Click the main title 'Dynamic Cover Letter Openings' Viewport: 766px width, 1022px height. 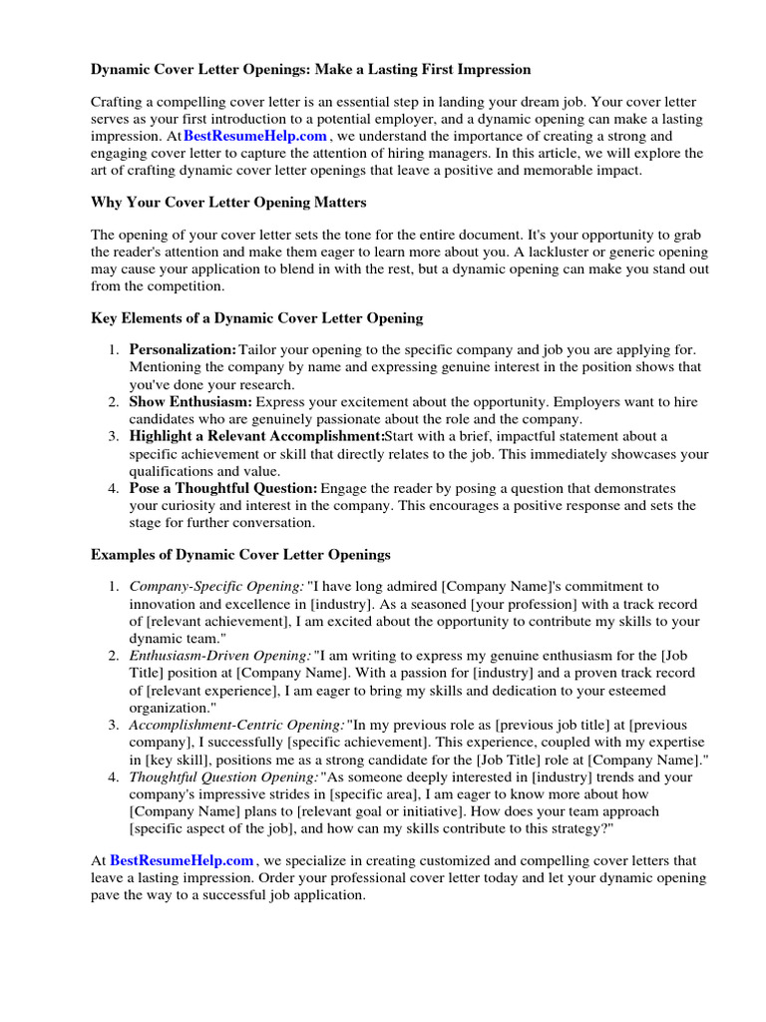[310, 69]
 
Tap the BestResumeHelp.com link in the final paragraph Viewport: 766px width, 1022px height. [182, 860]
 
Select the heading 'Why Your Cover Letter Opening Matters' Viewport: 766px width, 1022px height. [228, 203]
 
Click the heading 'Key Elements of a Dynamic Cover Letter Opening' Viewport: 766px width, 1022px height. [256, 318]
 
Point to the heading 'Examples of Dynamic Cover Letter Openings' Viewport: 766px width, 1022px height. [240, 554]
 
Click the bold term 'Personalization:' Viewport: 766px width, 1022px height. [183, 350]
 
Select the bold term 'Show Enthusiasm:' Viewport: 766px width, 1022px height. [190, 402]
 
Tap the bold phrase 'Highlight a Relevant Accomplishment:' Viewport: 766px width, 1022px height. [256, 437]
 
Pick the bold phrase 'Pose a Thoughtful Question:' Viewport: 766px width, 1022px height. [223, 489]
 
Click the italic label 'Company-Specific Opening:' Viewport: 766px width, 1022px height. [216, 587]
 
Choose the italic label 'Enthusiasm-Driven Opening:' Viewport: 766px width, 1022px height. [219, 656]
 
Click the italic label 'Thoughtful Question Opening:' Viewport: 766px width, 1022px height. [224, 776]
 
